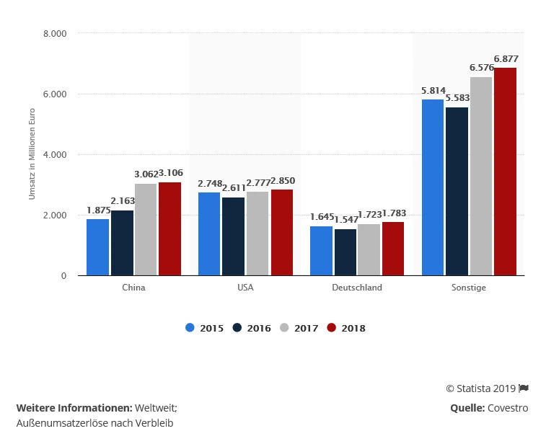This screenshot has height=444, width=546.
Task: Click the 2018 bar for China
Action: tap(169, 228)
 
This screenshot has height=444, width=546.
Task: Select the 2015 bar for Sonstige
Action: tap(433, 187)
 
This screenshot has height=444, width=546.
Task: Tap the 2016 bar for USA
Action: tap(233, 236)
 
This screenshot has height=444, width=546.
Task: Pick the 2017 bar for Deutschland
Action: tap(369, 249)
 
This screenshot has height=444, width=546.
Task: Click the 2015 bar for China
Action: tap(97, 247)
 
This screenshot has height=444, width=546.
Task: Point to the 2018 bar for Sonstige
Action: tap(505, 172)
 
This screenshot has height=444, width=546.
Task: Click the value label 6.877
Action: tap(506, 58)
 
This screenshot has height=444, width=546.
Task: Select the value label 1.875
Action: tap(98, 210)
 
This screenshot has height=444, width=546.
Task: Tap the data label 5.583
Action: tap(457, 97)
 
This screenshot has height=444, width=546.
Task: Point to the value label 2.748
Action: tap(210, 184)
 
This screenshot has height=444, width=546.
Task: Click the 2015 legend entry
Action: tap(204, 328)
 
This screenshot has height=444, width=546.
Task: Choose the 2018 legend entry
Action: tap(346, 328)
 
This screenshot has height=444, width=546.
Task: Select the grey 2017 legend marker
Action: tap(284, 328)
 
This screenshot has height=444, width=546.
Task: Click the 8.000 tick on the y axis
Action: tap(55, 33)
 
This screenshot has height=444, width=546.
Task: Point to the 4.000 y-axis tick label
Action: tap(55, 154)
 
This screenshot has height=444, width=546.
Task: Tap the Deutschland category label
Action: tap(358, 288)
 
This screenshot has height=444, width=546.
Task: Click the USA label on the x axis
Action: tap(245, 288)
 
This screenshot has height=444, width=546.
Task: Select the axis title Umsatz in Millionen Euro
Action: tap(32, 154)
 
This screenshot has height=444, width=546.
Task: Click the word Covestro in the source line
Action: tap(508, 408)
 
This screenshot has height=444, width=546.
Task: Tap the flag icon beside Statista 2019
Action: tap(524, 388)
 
